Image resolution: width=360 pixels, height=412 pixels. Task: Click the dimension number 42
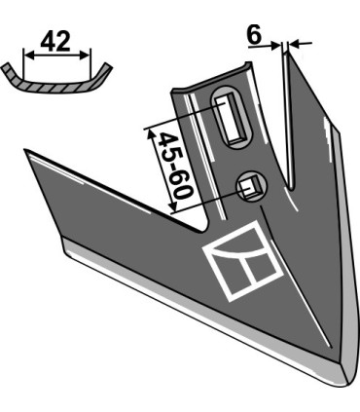55,41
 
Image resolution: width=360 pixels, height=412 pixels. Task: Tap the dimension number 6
254,35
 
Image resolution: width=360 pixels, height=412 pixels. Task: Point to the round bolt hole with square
251,187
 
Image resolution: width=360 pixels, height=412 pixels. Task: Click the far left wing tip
25,150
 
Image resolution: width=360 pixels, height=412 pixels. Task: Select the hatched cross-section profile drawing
56,79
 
